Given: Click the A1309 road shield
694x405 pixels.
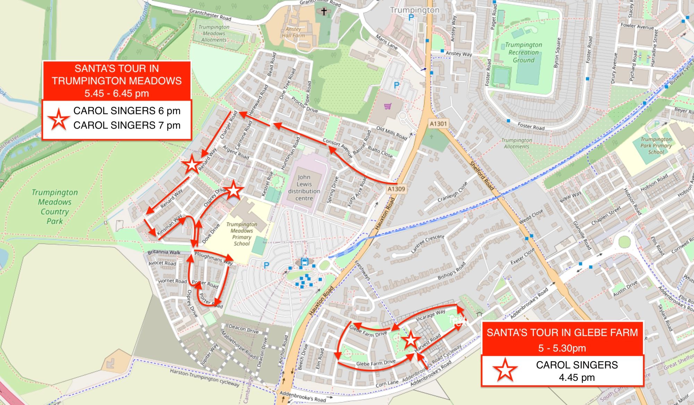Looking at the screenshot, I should [x=396, y=189].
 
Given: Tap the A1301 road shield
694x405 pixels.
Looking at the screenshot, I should [x=438, y=124].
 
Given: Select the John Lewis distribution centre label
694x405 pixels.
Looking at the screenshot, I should [x=304, y=188].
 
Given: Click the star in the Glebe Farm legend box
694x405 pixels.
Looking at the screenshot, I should [x=505, y=370].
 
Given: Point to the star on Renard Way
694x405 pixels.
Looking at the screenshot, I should [x=192, y=164].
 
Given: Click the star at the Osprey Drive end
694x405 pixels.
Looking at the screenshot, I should [x=234, y=190].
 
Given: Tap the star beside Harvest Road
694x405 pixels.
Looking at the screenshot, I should [x=411, y=340].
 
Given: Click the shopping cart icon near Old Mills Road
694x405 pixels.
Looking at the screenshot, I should [x=388, y=106].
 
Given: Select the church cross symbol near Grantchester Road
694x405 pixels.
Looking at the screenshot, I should [x=324, y=12].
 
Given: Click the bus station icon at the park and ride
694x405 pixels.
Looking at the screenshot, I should [x=304, y=262].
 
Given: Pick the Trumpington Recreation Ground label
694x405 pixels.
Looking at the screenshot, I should [x=523, y=52].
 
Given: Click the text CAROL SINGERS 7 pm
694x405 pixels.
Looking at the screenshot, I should [x=127, y=125].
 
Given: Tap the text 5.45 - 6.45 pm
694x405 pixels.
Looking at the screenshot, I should [x=117, y=93].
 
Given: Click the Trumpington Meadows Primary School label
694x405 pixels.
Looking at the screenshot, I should [x=242, y=234].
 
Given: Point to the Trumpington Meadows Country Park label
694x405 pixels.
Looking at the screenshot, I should [x=54, y=207].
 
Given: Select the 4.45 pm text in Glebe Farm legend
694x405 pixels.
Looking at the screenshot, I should [x=576, y=377].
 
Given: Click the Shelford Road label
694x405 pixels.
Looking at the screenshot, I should [x=481, y=176].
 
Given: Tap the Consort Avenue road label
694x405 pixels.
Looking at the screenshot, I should [x=338, y=148].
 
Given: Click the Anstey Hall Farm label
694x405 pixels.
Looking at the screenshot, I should [x=293, y=32].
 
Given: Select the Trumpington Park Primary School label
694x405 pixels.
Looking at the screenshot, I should [x=656, y=145].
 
